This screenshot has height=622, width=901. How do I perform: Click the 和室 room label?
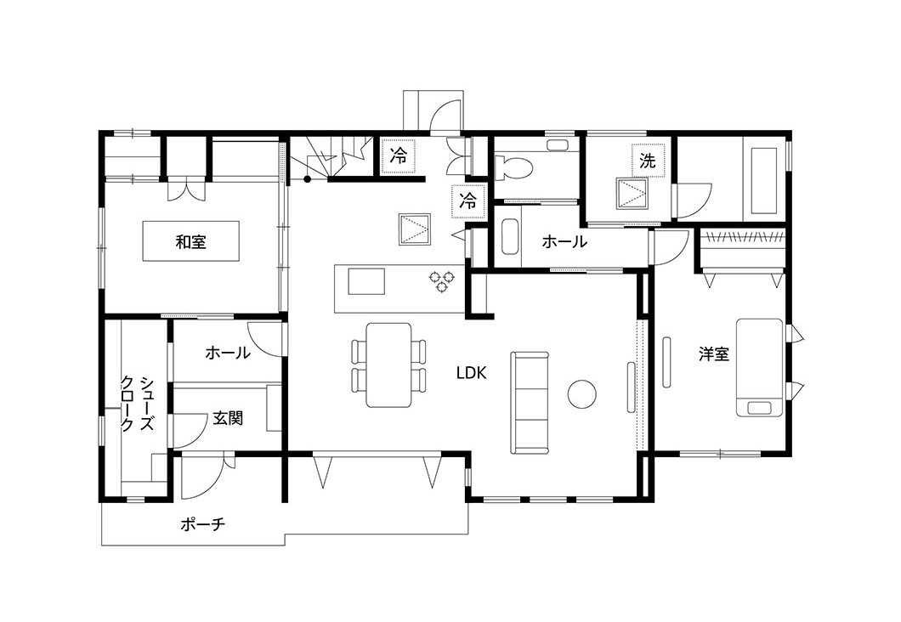(190, 242)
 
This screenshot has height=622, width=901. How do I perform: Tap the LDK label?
(471, 373)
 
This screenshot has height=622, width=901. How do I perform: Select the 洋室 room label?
(714, 353)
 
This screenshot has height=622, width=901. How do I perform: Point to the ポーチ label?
(203, 524)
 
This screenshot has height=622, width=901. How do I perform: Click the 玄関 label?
(228, 417)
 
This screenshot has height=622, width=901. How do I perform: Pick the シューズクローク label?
(137, 404)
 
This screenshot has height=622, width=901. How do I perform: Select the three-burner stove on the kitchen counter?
(442, 281)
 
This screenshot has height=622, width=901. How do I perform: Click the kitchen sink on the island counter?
(366, 281)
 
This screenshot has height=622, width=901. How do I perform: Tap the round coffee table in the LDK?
(581, 394)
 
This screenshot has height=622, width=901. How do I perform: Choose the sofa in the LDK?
(530, 403)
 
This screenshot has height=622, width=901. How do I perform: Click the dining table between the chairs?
(389, 365)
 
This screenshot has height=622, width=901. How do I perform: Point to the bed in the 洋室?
(760, 367)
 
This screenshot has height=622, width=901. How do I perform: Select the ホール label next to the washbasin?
(564, 242)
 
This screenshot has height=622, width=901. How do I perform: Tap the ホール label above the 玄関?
(228, 352)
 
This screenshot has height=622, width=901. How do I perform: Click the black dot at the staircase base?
(308, 179)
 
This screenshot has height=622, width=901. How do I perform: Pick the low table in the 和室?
(190, 242)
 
